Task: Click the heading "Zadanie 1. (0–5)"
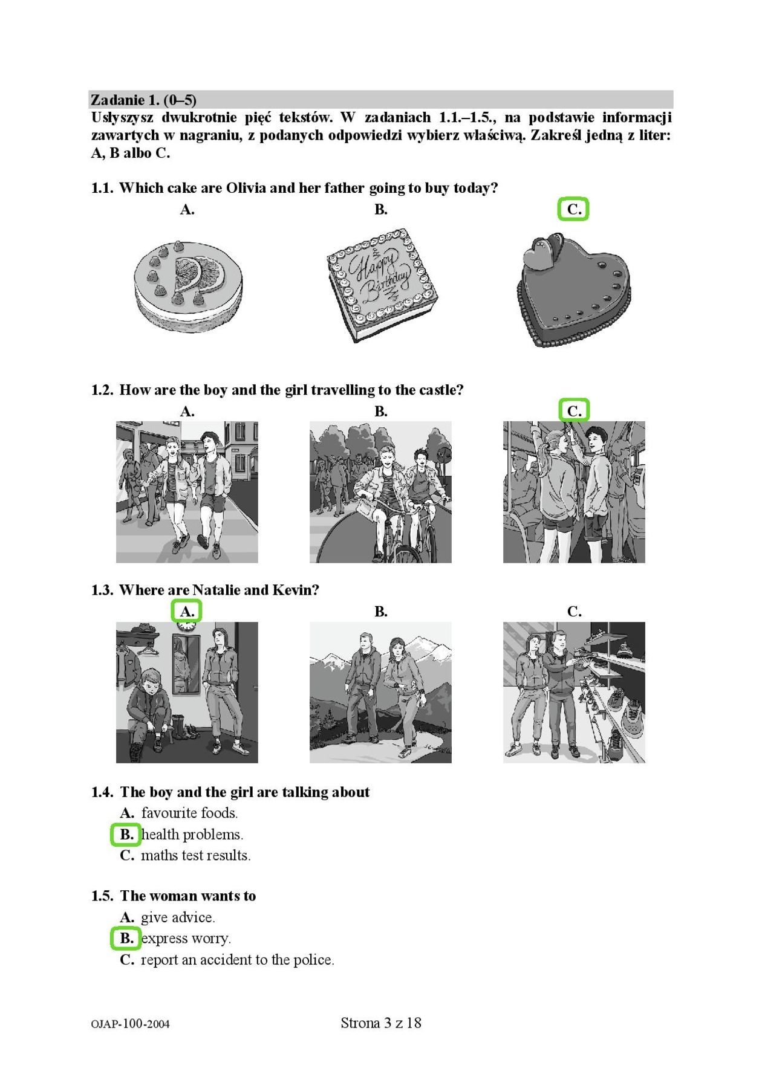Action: (x=144, y=100)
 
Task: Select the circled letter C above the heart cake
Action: (x=573, y=209)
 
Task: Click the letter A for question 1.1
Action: (x=187, y=210)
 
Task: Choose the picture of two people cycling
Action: (x=380, y=492)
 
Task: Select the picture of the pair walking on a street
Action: (x=187, y=492)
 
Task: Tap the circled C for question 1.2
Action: (x=573, y=411)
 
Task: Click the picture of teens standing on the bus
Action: (x=574, y=492)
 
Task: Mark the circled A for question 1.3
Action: (x=186, y=611)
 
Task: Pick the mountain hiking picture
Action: (x=380, y=693)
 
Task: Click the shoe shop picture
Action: (x=574, y=693)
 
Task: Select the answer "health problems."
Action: (x=192, y=835)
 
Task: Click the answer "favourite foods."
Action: (x=189, y=813)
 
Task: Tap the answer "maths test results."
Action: (x=196, y=855)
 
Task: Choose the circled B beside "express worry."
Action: (x=126, y=938)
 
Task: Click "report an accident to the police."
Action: (x=238, y=960)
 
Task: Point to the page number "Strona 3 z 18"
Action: (x=381, y=1023)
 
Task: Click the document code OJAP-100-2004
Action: (x=131, y=1024)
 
